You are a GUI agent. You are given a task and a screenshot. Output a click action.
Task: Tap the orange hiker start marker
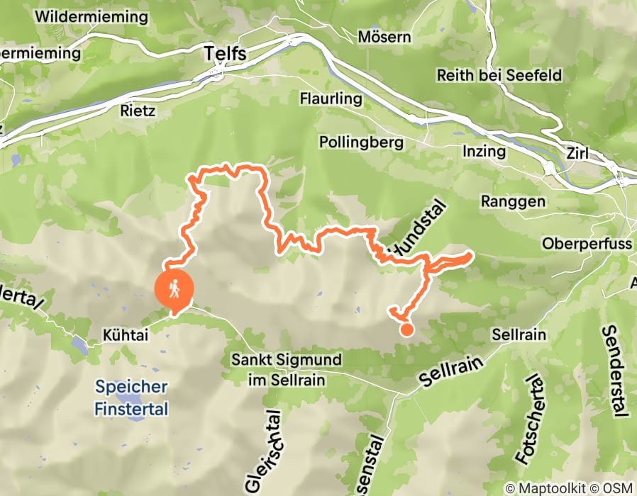click(x=174, y=288)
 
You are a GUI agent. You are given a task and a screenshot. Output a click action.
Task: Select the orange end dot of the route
click(x=406, y=328)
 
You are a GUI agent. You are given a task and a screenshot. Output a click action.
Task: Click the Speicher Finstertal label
click(x=132, y=398)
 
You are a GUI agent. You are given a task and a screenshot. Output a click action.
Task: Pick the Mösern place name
click(x=384, y=36)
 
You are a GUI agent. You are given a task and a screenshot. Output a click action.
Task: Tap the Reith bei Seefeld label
click(x=499, y=75)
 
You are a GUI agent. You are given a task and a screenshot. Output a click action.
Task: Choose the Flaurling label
click(x=331, y=98)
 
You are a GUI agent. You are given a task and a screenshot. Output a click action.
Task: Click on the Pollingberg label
click(x=361, y=142)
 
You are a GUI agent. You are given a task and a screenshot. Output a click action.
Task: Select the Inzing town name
click(x=484, y=151)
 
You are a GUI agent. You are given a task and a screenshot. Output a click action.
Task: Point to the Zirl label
click(x=578, y=153)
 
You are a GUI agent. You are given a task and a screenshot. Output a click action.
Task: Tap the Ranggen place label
click(x=513, y=201)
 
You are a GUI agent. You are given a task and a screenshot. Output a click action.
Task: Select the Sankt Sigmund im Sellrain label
click(x=279, y=369)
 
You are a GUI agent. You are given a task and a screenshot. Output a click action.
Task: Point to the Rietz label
click(x=138, y=111)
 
